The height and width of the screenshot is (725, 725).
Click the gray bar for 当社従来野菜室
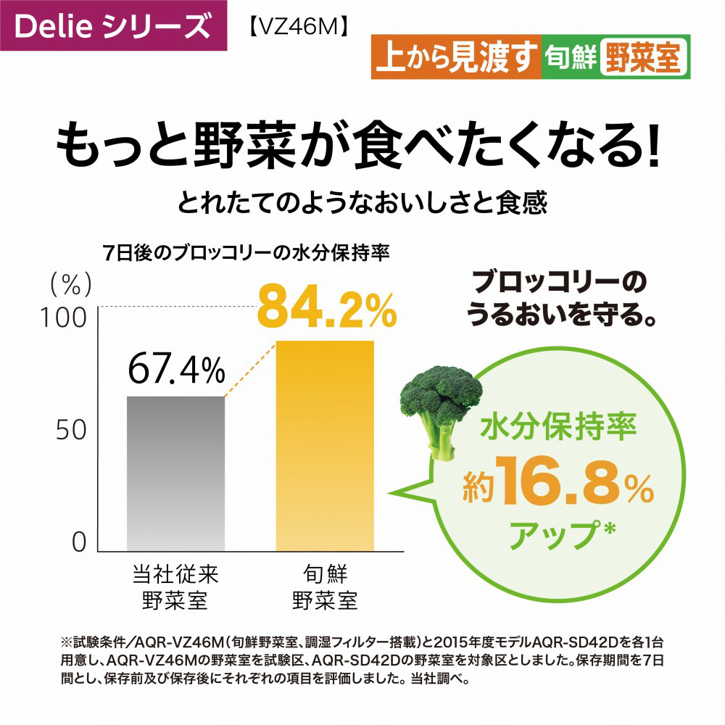(175, 475)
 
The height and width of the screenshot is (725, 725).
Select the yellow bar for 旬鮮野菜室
(325, 446)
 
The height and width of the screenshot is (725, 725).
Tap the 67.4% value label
(176, 370)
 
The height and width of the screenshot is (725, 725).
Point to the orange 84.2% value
(327, 307)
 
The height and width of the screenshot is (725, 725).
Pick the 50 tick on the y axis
(71, 429)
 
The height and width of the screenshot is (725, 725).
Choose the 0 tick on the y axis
(79, 542)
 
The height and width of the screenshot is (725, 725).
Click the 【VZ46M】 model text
(295, 27)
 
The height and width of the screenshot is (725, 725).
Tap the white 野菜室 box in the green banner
(642, 58)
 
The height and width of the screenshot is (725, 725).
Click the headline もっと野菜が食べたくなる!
(360, 144)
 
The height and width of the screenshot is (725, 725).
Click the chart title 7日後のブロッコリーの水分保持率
(247, 254)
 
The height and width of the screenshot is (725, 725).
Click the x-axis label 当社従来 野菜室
(175, 588)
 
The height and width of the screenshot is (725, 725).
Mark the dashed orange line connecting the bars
(251, 369)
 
